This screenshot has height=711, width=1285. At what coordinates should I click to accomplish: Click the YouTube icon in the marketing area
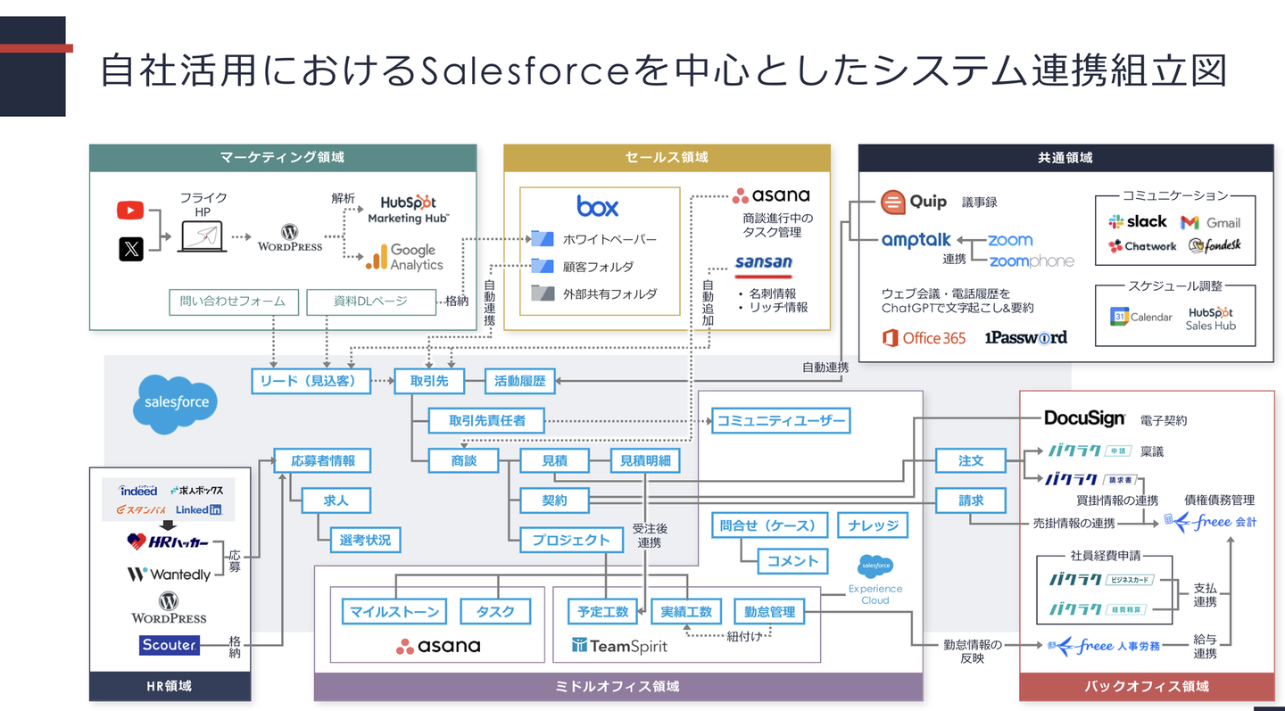(x=130, y=211)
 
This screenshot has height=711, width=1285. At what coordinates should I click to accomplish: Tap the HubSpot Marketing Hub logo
(x=408, y=210)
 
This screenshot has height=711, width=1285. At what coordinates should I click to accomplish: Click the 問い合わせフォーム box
(x=233, y=302)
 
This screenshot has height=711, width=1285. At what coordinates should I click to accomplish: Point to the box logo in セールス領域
(x=597, y=206)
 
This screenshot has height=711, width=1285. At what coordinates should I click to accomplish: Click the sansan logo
(x=763, y=263)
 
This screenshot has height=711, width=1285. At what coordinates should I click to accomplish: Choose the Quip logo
(x=913, y=202)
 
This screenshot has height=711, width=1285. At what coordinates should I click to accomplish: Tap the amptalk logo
(x=916, y=240)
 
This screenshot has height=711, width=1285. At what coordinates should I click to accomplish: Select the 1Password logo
(x=1025, y=337)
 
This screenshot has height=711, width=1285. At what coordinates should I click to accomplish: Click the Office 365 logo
(x=924, y=337)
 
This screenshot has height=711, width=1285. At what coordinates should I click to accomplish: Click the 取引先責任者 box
(x=486, y=420)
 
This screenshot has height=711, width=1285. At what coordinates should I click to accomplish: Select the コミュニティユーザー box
(x=781, y=420)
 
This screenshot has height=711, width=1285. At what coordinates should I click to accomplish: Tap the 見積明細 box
(x=645, y=460)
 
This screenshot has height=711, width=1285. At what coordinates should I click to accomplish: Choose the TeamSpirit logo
(x=619, y=645)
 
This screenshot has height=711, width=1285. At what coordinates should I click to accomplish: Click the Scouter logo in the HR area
(x=169, y=644)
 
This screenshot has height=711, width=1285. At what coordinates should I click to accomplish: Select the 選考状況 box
(x=365, y=539)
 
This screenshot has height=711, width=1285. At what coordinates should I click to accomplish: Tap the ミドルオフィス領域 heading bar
(x=618, y=686)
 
